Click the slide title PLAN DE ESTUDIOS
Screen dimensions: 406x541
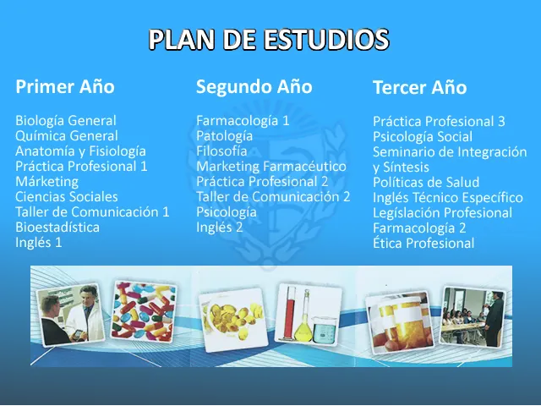point(269,40)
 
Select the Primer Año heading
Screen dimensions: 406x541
point(65,87)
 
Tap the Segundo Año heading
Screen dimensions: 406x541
point(254,87)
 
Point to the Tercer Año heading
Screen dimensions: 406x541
point(419,88)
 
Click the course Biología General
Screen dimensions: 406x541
point(66,121)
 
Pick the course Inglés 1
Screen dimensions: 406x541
point(39,243)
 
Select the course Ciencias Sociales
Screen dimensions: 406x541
point(67,197)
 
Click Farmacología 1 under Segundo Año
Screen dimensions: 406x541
point(243,121)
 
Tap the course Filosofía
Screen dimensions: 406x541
point(221,151)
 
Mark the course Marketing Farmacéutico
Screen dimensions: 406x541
point(271,167)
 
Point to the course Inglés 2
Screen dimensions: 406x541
point(220,228)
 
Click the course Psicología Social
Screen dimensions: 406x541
point(423,137)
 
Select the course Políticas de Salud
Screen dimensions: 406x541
point(426,183)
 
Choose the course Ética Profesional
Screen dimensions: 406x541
point(424,244)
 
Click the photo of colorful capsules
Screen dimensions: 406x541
point(144,310)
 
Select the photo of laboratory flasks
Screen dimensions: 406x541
point(308,313)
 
